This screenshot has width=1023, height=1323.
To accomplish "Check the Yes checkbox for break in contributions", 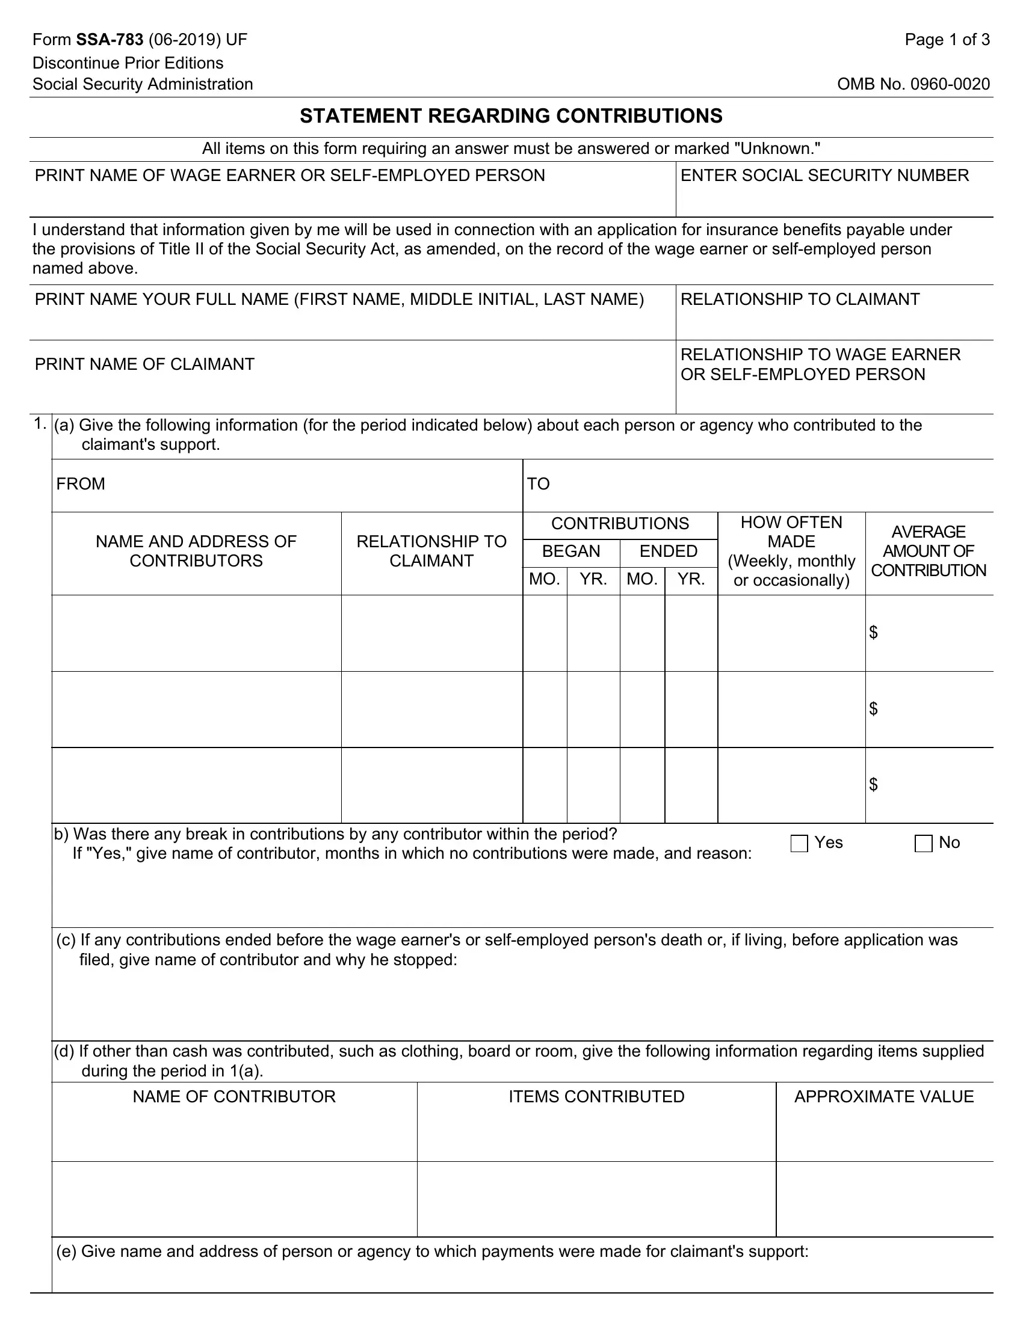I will (799, 843).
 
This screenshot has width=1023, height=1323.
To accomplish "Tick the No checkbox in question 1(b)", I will (923, 843).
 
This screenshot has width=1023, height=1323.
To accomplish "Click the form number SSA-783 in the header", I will (110, 40).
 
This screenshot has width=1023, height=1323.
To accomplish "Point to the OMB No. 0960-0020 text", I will (913, 84).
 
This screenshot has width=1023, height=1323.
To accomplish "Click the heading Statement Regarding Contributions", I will (511, 115).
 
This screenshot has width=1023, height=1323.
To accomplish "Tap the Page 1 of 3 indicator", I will (947, 40).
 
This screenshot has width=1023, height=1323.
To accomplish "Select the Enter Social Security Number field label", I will (824, 176).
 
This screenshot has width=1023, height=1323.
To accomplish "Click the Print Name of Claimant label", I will (144, 364).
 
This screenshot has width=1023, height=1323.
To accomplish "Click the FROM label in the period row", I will (81, 483).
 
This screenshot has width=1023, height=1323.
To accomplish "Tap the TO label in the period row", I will (538, 483).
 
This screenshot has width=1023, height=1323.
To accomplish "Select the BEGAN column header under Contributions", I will (571, 551).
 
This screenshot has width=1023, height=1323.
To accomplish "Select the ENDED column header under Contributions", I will (669, 551).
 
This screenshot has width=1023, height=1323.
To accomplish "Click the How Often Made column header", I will (791, 551).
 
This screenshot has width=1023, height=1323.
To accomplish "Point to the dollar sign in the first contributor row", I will (873, 633).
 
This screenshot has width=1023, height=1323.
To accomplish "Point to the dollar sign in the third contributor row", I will (873, 784).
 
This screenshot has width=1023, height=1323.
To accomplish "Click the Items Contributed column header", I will (596, 1096).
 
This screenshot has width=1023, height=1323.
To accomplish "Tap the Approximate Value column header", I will (883, 1096).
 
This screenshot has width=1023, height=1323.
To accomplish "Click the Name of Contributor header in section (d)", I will (234, 1096).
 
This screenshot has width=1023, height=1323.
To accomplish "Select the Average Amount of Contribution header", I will (929, 551).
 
